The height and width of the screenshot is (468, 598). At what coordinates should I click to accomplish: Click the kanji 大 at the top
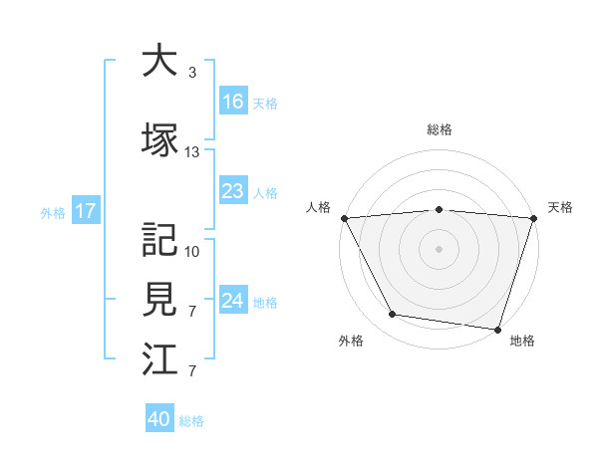pos(159,61)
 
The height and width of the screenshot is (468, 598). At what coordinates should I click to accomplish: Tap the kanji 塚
pos(159,139)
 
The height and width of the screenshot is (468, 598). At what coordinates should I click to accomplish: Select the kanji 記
pos(159,239)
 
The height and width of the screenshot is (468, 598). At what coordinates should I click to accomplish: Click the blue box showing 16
pos(233,101)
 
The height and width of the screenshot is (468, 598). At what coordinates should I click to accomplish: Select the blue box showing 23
pos(233,191)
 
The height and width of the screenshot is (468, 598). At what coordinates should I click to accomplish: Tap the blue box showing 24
pos(233,301)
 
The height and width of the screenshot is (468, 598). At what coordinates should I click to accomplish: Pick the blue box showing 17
pos(85,211)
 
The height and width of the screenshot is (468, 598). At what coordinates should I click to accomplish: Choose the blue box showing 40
pos(159,419)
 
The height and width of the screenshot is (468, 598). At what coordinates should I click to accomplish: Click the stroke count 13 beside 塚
pos(192,152)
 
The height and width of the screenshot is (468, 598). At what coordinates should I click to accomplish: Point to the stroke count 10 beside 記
pos(192,251)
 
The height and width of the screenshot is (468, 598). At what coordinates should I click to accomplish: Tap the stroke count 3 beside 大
pos(192,73)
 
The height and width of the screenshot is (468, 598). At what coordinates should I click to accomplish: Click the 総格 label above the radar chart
pos(439,129)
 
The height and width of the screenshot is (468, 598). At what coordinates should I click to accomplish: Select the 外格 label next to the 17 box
pos(52,212)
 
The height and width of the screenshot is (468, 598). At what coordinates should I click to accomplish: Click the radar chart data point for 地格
pos(497,329)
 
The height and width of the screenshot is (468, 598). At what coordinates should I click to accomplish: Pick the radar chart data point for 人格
pos(344,218)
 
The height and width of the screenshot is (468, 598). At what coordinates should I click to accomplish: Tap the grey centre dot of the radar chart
pos(439,248)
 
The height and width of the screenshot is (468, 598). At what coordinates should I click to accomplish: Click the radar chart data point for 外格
pos(393,315)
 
